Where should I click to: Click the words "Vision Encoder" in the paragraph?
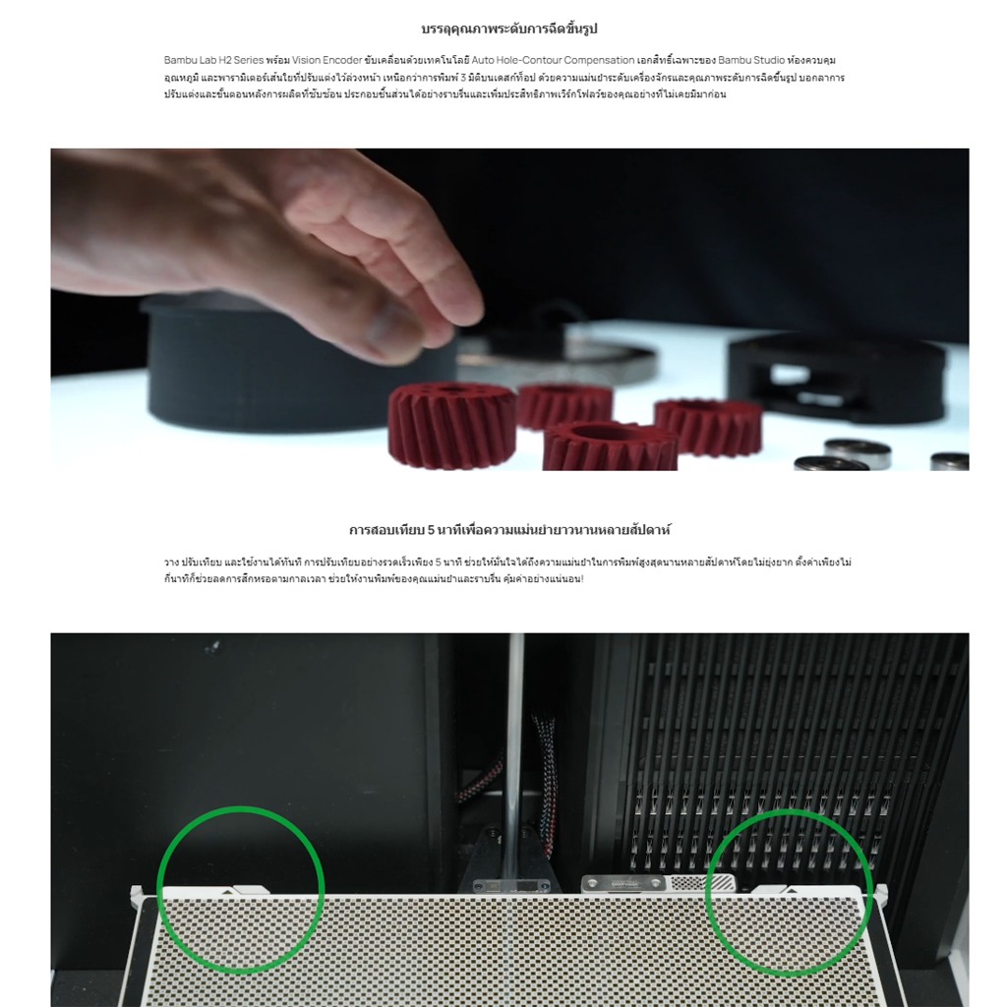coord(326,60)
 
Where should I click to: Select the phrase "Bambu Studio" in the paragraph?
coord(750,60)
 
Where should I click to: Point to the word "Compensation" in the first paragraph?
coord(599,60)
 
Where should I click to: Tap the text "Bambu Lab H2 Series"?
coord(213,60)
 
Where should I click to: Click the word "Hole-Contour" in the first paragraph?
coord(528,60)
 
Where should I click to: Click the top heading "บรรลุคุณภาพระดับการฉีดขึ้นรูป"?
coord(509,29)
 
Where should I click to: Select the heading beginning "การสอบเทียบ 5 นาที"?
coord(509,530)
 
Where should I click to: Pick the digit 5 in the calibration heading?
coord(431,530)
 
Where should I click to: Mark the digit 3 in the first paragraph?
coord(463,78)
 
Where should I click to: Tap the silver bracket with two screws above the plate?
coord(622,884)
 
